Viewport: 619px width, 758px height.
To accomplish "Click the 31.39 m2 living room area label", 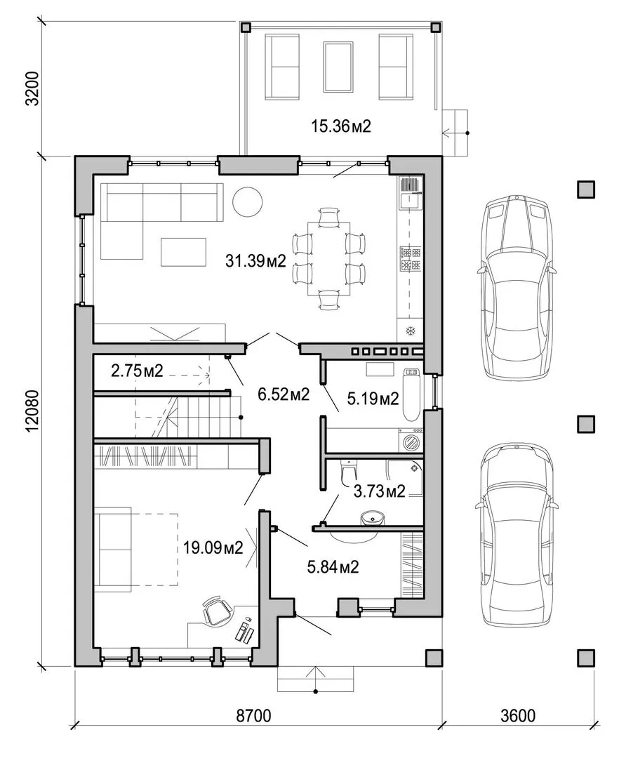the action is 255,261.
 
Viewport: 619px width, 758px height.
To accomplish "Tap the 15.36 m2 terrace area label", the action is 340,126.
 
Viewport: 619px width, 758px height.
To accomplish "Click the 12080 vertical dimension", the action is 33,411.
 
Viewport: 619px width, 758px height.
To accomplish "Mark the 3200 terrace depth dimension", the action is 33,88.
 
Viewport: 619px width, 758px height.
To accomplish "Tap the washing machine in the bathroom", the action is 411,440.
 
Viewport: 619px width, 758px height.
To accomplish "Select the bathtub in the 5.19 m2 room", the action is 411,394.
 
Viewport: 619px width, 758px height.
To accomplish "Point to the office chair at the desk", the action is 216,611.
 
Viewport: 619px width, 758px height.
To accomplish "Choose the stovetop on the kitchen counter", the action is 410,258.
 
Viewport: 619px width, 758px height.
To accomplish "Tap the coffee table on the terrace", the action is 338,66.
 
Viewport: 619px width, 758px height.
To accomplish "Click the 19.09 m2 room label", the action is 213,547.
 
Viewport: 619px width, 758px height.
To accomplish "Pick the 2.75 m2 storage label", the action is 138,371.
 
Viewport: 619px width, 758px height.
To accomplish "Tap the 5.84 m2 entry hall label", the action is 333,566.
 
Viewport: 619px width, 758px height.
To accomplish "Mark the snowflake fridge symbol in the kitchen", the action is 411,331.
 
